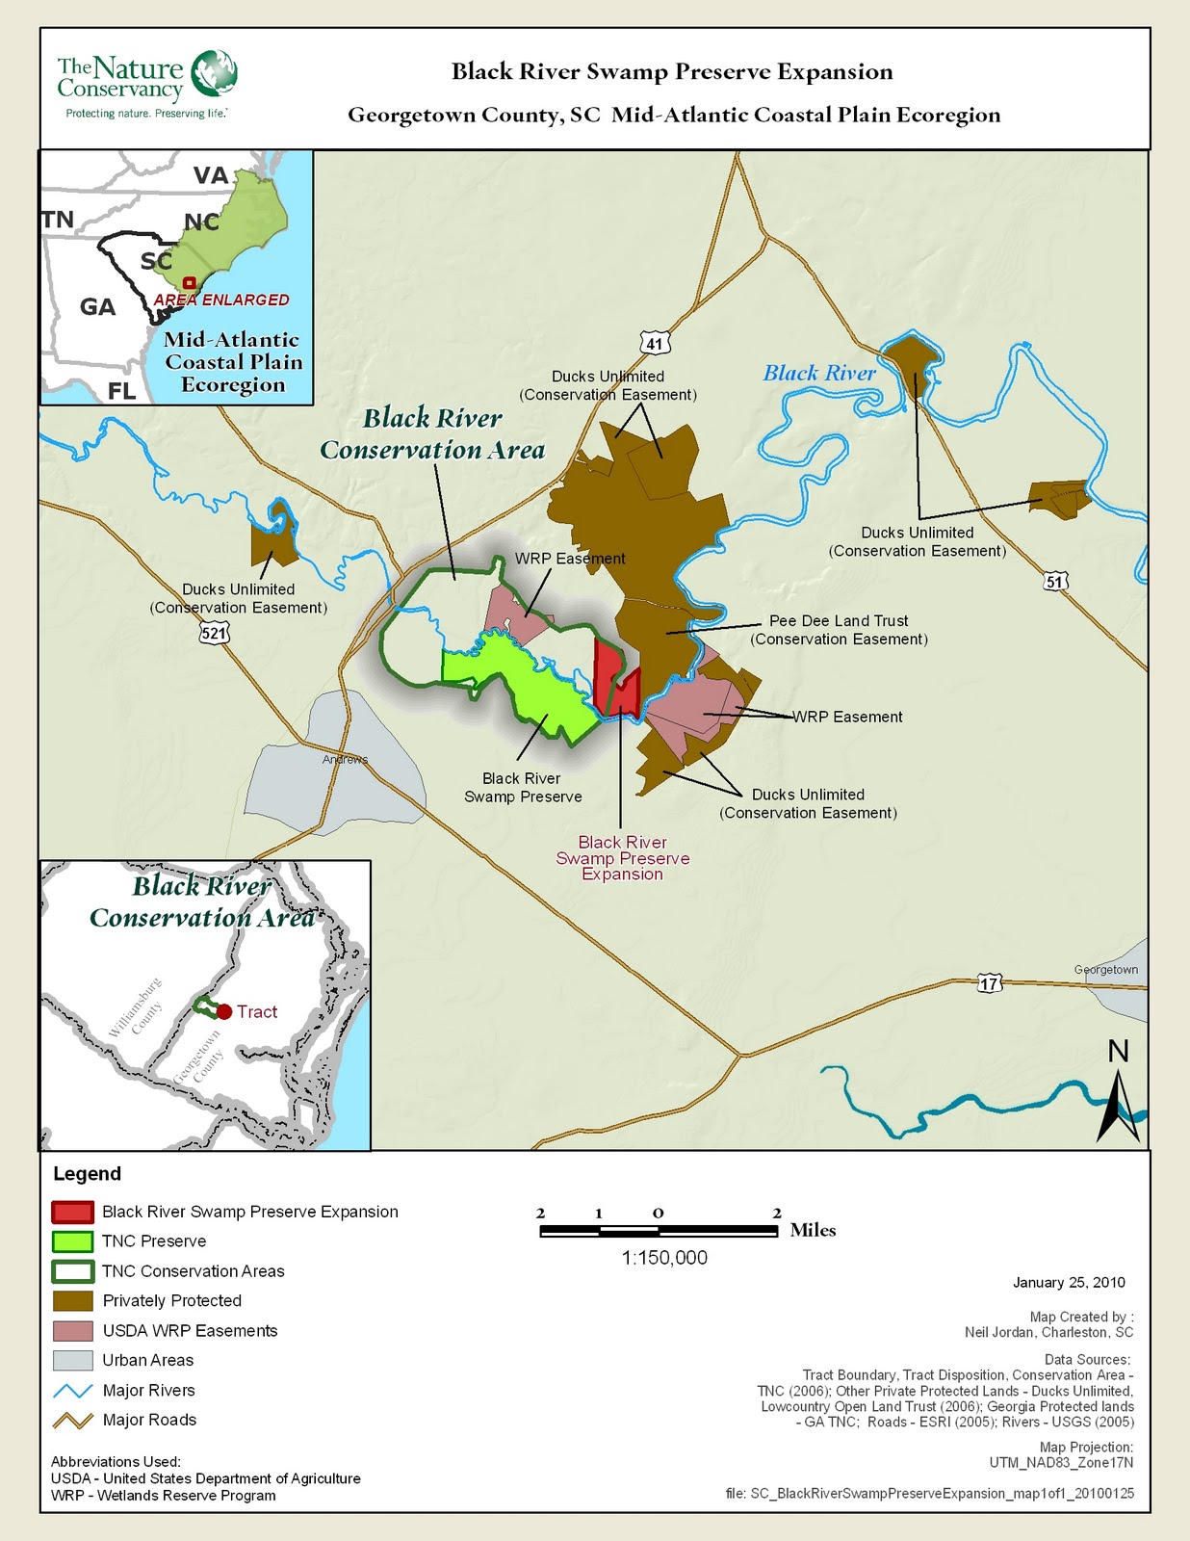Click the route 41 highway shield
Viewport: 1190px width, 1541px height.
click(x=655, y=343)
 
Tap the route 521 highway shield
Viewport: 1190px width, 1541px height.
click(x=215, y=632)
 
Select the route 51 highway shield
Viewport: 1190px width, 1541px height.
click(x=1055, y=582)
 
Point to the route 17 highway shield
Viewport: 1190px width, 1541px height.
click(x=990, y=983)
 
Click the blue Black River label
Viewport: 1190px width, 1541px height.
click(x=819, y=374)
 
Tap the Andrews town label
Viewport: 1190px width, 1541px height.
click(x=345, y=760)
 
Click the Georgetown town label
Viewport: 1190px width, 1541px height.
click(x=1106, y=970)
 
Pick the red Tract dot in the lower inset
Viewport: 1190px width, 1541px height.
click(x=224, y=1011)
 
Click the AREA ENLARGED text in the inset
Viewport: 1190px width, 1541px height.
click(x=221, y=300)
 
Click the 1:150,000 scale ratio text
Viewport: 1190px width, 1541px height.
click(x=664, y=1258)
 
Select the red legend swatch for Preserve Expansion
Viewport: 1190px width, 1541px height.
click(x=73, y=1212)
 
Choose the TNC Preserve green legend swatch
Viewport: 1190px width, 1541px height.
click(x=73, y=1241)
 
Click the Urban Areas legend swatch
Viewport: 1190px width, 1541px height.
click(x=73, y=1360)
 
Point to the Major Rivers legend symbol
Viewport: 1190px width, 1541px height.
click(x=73, y=1391)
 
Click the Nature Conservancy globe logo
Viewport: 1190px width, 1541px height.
click(x=214, y=74)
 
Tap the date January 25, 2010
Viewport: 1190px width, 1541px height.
click(x=1069, y=1283)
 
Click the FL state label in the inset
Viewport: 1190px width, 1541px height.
click(x=121, y=391)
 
